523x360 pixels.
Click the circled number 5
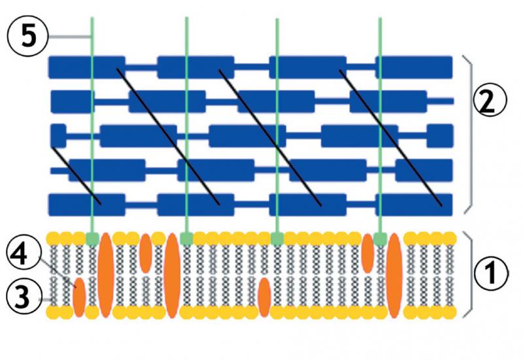[x=28, y=36]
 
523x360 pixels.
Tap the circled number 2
[x=489, y=101]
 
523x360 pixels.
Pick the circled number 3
[x=23, y=297]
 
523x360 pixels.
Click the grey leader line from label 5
[x=69, y=36]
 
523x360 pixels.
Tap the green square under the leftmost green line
[x=92, y=238]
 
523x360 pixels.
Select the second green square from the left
[x=186, y=238]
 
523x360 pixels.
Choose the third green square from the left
[x=277, y=238]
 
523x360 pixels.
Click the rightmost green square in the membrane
[x=380, y=238]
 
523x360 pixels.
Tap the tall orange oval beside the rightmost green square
[x=394, y=275]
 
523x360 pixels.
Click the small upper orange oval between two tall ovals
[x=146, y=254]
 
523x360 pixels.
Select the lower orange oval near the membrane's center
[x=265, y=297]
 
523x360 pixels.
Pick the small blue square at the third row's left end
[x=59, y=135]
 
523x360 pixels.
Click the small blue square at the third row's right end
[x=440, y=135]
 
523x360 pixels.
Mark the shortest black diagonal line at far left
[x=76, y=175]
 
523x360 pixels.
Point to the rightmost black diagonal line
[x=390, y=138]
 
